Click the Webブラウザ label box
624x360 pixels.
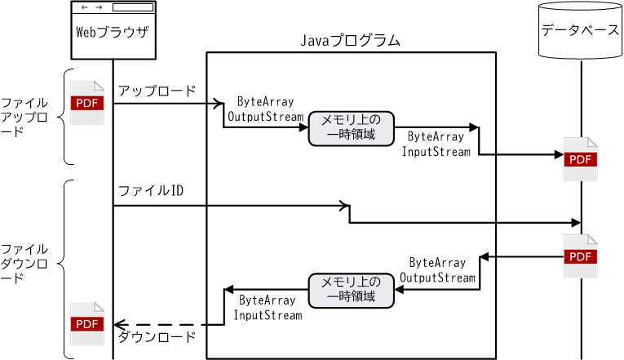click(113, 33)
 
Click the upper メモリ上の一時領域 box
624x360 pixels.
click(351, 127)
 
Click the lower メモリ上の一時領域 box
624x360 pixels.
click(351, 290)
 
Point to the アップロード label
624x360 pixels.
click(157, 91)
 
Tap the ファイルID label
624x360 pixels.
click(150, 191)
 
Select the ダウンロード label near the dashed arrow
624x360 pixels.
click(157, 336)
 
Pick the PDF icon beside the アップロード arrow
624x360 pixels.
click(87, 103)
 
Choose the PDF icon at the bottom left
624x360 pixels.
click(87, 323)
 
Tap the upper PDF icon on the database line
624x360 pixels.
click(580, 159)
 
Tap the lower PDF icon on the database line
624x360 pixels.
click(580, 256)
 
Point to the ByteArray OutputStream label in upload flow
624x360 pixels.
click(265, 109)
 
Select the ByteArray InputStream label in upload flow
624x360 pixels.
click(436, 144)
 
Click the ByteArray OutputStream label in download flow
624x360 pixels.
click(437, 270)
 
